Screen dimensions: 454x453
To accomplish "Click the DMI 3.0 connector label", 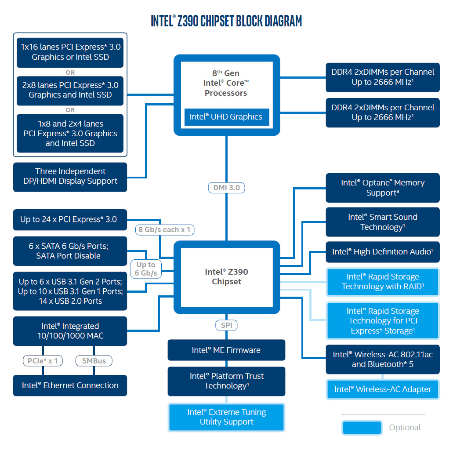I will click(x=226, y=188).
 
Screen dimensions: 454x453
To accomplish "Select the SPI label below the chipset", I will click(x=226, y=326).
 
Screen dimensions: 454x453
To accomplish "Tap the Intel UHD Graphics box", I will click(x=226, y=117).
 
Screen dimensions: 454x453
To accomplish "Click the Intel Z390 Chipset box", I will click(x=226, y=277).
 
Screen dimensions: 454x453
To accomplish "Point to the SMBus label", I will click(x=94, y=361).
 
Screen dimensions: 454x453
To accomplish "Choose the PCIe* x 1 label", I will click(x=43, y=361).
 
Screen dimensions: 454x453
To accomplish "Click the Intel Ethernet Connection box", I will click(x=70, y=385).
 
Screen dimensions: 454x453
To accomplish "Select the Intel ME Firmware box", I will click(x=226, y=350).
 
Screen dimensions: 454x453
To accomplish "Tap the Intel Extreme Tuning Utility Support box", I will click(x=226, y=417).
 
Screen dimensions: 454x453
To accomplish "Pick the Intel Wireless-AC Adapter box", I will click(x=383, y=389).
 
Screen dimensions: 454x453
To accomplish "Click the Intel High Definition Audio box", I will click(x=383, y=252).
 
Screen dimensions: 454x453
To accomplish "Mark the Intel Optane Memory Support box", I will click(x=383, y=188).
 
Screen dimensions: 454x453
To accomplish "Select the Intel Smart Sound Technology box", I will click(x=383, y=222).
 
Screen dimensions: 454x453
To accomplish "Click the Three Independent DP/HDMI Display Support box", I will click(x=70, y=177).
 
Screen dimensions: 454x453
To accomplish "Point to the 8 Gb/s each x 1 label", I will click(x=164, y=229).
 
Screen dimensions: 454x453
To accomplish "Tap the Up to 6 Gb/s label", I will click(x=146, y=269).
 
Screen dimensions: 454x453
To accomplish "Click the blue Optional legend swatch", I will click(x=362, y=428).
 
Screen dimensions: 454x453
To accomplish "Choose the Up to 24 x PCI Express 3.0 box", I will click(x=70, y=219).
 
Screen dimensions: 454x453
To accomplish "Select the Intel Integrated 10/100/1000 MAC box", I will click(x=70, y=331).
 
